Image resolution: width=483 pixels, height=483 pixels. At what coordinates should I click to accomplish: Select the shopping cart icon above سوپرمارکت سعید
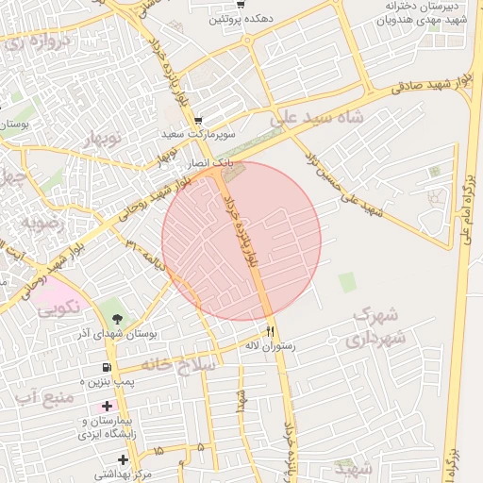click(x=198, y=121)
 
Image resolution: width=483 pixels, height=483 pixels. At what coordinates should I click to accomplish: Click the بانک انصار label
click(x=183, y=163)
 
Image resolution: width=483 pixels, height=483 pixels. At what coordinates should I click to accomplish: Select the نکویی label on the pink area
click(x=58, y=306)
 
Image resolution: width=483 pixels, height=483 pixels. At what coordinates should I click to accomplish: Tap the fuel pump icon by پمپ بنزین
click(x=107, y=367)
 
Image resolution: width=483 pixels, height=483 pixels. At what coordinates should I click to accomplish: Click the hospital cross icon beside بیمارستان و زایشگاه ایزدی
click(x=107, y=406)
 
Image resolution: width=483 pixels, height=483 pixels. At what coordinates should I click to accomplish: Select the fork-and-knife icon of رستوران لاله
click(x=271, y=330)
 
